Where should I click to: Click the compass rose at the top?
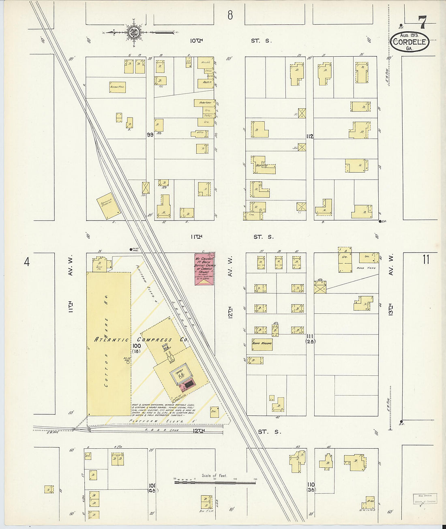pyautogui.click(x=133, y=32)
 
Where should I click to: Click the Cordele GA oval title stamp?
pyautogui.click(x=410, y=42)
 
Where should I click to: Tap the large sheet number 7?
pyautogui.click(x=422, y=22)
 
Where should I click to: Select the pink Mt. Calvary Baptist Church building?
pyautogui.click(x=204, y=269)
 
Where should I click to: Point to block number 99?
pyautogui.click(x=150, y=135)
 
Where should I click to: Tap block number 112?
pyautogui.click(x=310, y=137)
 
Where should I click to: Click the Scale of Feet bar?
pyautogui.click(x=215, y=482)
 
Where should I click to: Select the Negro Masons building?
pyautogui.click(x=262, y=344)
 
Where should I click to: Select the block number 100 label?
pyautogui.click(x=137, y=346)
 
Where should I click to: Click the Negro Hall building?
pyautogui.click(x=117, y=87)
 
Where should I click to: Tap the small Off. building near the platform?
pyautogui.click(x=214, y=413)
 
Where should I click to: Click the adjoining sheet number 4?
pyautogui.click(x=27, y=262)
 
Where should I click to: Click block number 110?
pyautogui.click(x=311, y=485)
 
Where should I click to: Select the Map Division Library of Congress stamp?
pyautogui.click(x=425, y=498)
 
